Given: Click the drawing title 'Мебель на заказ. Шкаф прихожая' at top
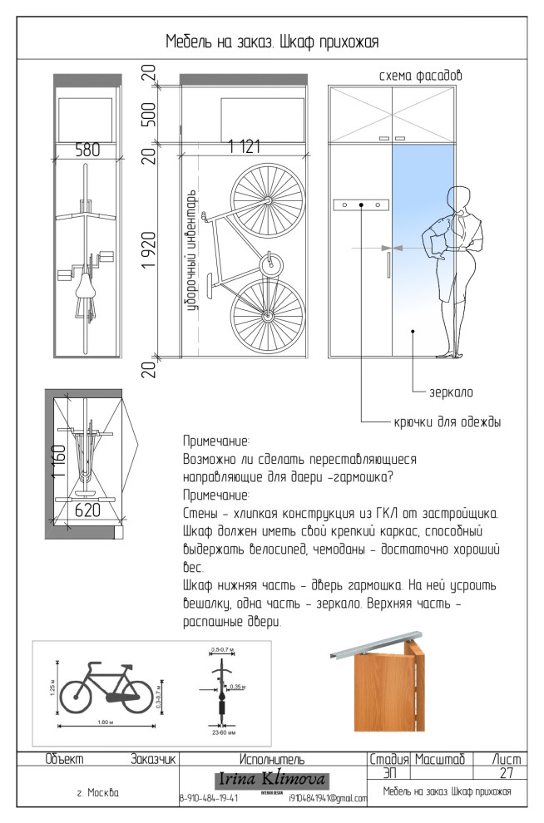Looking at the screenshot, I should (x=272, y=42).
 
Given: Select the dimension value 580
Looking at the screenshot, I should (x=87, y=150).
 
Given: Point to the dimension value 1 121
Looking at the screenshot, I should (x=245, y=147).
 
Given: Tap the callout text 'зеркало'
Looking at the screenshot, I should (x=451, y=390).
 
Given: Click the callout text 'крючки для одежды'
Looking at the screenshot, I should (x=448, y=422).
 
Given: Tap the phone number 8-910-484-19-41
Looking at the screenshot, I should (x=209, y=799).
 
